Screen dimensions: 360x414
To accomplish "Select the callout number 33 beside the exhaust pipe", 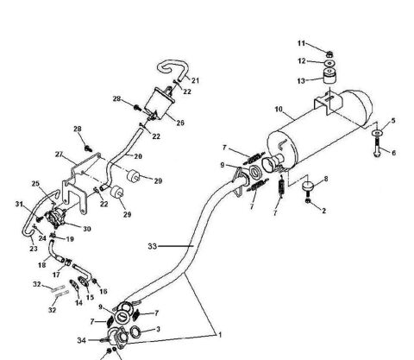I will click(x=152, y=246).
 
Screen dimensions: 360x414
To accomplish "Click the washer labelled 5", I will click(x=377, y=134).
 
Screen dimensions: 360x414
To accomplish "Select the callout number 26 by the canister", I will click(x=179, y=122).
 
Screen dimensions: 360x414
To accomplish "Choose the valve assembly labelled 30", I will click(x=60, y=220).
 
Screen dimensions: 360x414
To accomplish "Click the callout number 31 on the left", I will click(x=17, y=204).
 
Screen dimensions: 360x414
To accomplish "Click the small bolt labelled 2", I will click(x=310, y=201).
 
